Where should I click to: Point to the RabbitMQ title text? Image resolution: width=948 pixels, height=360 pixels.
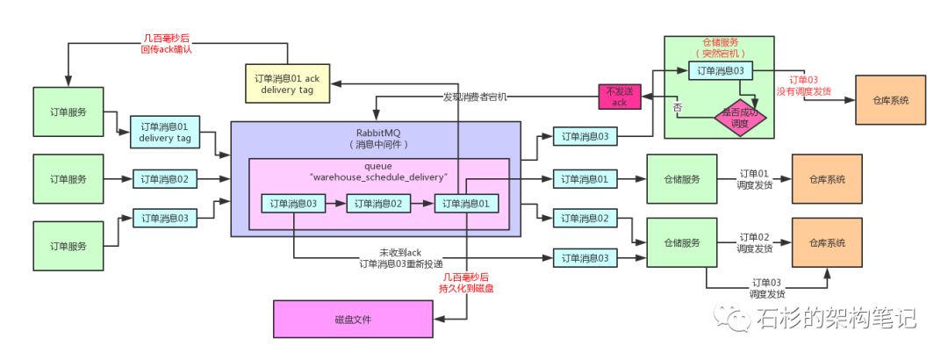coord(377,133)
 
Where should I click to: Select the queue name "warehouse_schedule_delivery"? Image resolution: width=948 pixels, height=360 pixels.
coord(378,176)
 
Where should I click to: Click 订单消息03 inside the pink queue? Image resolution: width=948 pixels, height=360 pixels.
coord(294,204)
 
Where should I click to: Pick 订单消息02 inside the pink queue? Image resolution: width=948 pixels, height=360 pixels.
coord(378,204)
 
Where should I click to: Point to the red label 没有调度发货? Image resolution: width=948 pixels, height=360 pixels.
coord(802,90)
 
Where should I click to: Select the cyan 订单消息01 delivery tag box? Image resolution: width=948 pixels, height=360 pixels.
coord(164,131)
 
